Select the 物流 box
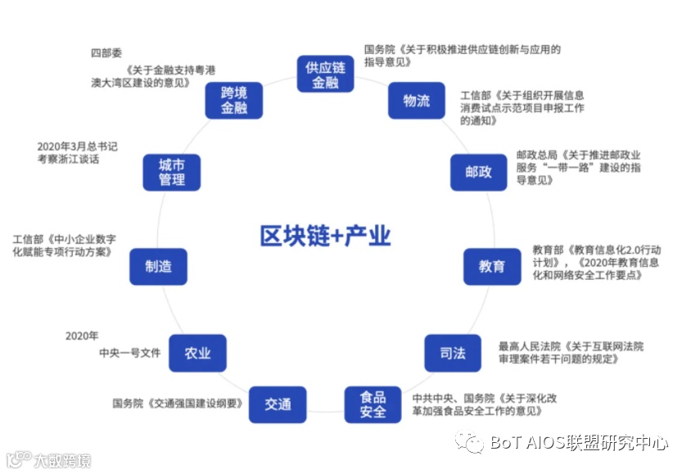[416, 101]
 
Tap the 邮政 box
[478, 172]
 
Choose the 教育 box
[491, 266]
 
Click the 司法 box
[452, 354]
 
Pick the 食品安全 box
[373, 404]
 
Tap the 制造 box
[158, 266]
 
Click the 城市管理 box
[171, 172]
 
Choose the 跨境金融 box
[233, 100]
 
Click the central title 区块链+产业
[325, 237]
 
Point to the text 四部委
[106, 53]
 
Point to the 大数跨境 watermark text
[62, 460]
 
